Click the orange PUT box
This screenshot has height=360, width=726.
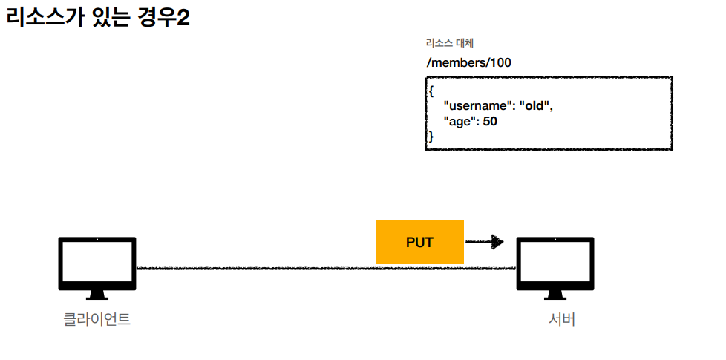click(419, 242)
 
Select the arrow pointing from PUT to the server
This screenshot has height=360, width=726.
click(485, 242)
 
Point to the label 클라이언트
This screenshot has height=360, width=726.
click(97, 320)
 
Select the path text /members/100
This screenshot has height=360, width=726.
click(468, 63)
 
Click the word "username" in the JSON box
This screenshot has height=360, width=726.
click(474, 106)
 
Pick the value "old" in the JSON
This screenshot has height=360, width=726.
click(534, 106)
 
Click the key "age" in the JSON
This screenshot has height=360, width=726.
click(459, 120)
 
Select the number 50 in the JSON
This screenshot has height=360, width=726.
click(490, 120)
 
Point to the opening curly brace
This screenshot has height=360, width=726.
click(431, 91)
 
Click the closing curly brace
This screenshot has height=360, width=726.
click(431, 135)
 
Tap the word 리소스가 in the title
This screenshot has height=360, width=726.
click(42, 18)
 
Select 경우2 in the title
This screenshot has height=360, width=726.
click(163, 18)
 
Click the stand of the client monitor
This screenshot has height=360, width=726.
click(97, 294)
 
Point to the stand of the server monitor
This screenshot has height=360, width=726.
click(555, 294)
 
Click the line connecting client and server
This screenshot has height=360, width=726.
click(260, 268)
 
